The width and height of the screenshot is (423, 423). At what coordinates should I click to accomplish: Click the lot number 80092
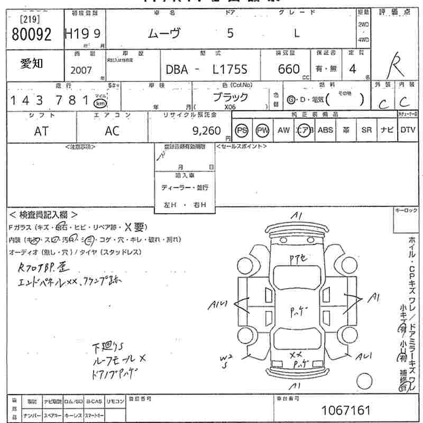click(31, 35)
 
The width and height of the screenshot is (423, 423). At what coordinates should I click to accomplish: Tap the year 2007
click(81, 70)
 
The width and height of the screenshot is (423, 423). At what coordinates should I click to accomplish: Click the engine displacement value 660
click(289, 69)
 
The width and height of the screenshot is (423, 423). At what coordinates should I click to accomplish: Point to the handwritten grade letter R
click(394, 66)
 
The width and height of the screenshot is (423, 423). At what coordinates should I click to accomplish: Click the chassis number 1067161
click(346, 410)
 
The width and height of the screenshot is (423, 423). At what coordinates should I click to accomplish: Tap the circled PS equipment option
click(242, 131)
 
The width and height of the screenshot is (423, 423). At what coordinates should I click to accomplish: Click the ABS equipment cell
click(325, 131)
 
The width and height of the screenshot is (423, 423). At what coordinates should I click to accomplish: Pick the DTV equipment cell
click(408, 131)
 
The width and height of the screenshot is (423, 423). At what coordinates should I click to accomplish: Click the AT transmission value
click(41, 132)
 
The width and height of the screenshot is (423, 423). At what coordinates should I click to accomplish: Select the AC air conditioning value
click(112, 132)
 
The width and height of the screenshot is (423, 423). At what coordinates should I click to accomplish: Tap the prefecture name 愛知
click(32, 64)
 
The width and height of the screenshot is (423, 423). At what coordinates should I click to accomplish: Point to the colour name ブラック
click(230, 97)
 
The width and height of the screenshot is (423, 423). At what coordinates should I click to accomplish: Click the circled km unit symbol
click(100, 103)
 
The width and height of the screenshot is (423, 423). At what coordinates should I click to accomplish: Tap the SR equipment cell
click(366, 131)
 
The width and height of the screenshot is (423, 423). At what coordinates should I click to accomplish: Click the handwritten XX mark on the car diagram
click(296, 354)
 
